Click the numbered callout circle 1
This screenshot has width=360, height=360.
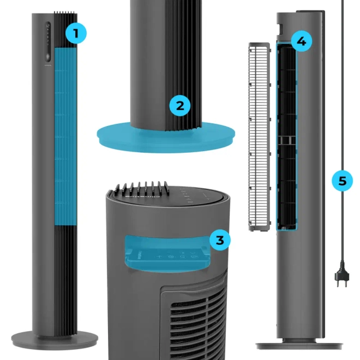(x=76, y=33)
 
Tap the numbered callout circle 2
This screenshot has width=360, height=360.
(x=180, y=106)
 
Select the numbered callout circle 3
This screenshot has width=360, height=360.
(x=220, y=240)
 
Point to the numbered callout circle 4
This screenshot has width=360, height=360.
(x=302, y=41)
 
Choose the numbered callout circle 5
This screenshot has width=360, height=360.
(x=342, y=181)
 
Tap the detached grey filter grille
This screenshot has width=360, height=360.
(x=260, y=136)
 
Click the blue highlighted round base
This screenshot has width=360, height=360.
(x=166, y=137)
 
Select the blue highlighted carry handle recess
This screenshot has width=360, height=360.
(x=167, y=254)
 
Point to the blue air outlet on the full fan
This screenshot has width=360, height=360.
(x=65, y=136)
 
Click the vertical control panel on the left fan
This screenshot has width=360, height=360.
(x=48, y=42)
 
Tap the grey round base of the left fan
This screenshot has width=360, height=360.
(x=55, y=340)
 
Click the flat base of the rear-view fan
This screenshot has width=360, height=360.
(x=299, y=345)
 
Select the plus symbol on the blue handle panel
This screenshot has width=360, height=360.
(x=159, y=256)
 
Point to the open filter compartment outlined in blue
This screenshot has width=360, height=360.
(x=286, y=136)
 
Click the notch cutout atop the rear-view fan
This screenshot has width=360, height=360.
(x=281, y=29)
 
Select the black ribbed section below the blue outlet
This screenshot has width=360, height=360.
(x=65, y=280)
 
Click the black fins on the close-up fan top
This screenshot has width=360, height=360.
(x=141, y=189)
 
